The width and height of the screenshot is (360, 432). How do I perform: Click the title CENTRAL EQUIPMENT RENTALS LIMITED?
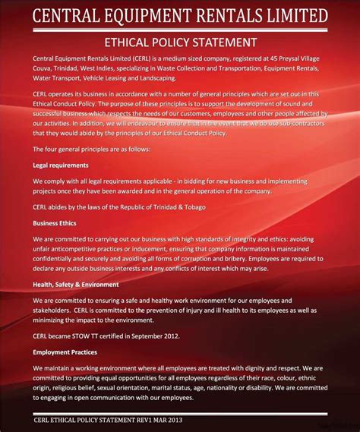pyautogui.click(x=180, y=16)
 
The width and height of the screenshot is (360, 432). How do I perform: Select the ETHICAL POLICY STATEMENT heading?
pyautogui.click(x=180, y=43)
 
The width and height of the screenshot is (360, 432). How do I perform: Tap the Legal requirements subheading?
pyautogui.click(x=61, y=165)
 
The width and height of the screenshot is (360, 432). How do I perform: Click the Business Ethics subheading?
pyautogui.click(x=55, y=223)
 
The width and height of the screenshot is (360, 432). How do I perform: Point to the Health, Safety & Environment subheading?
pyautogui.click(x=76, y=284)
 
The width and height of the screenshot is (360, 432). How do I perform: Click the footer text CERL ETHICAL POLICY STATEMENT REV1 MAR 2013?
pyautogui.click(x=109, y=419)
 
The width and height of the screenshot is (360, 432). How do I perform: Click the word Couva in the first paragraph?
pyautogui.click(x=44, y=69)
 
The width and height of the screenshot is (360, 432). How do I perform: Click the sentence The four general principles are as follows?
pyautogui.click(x=92, y=149)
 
